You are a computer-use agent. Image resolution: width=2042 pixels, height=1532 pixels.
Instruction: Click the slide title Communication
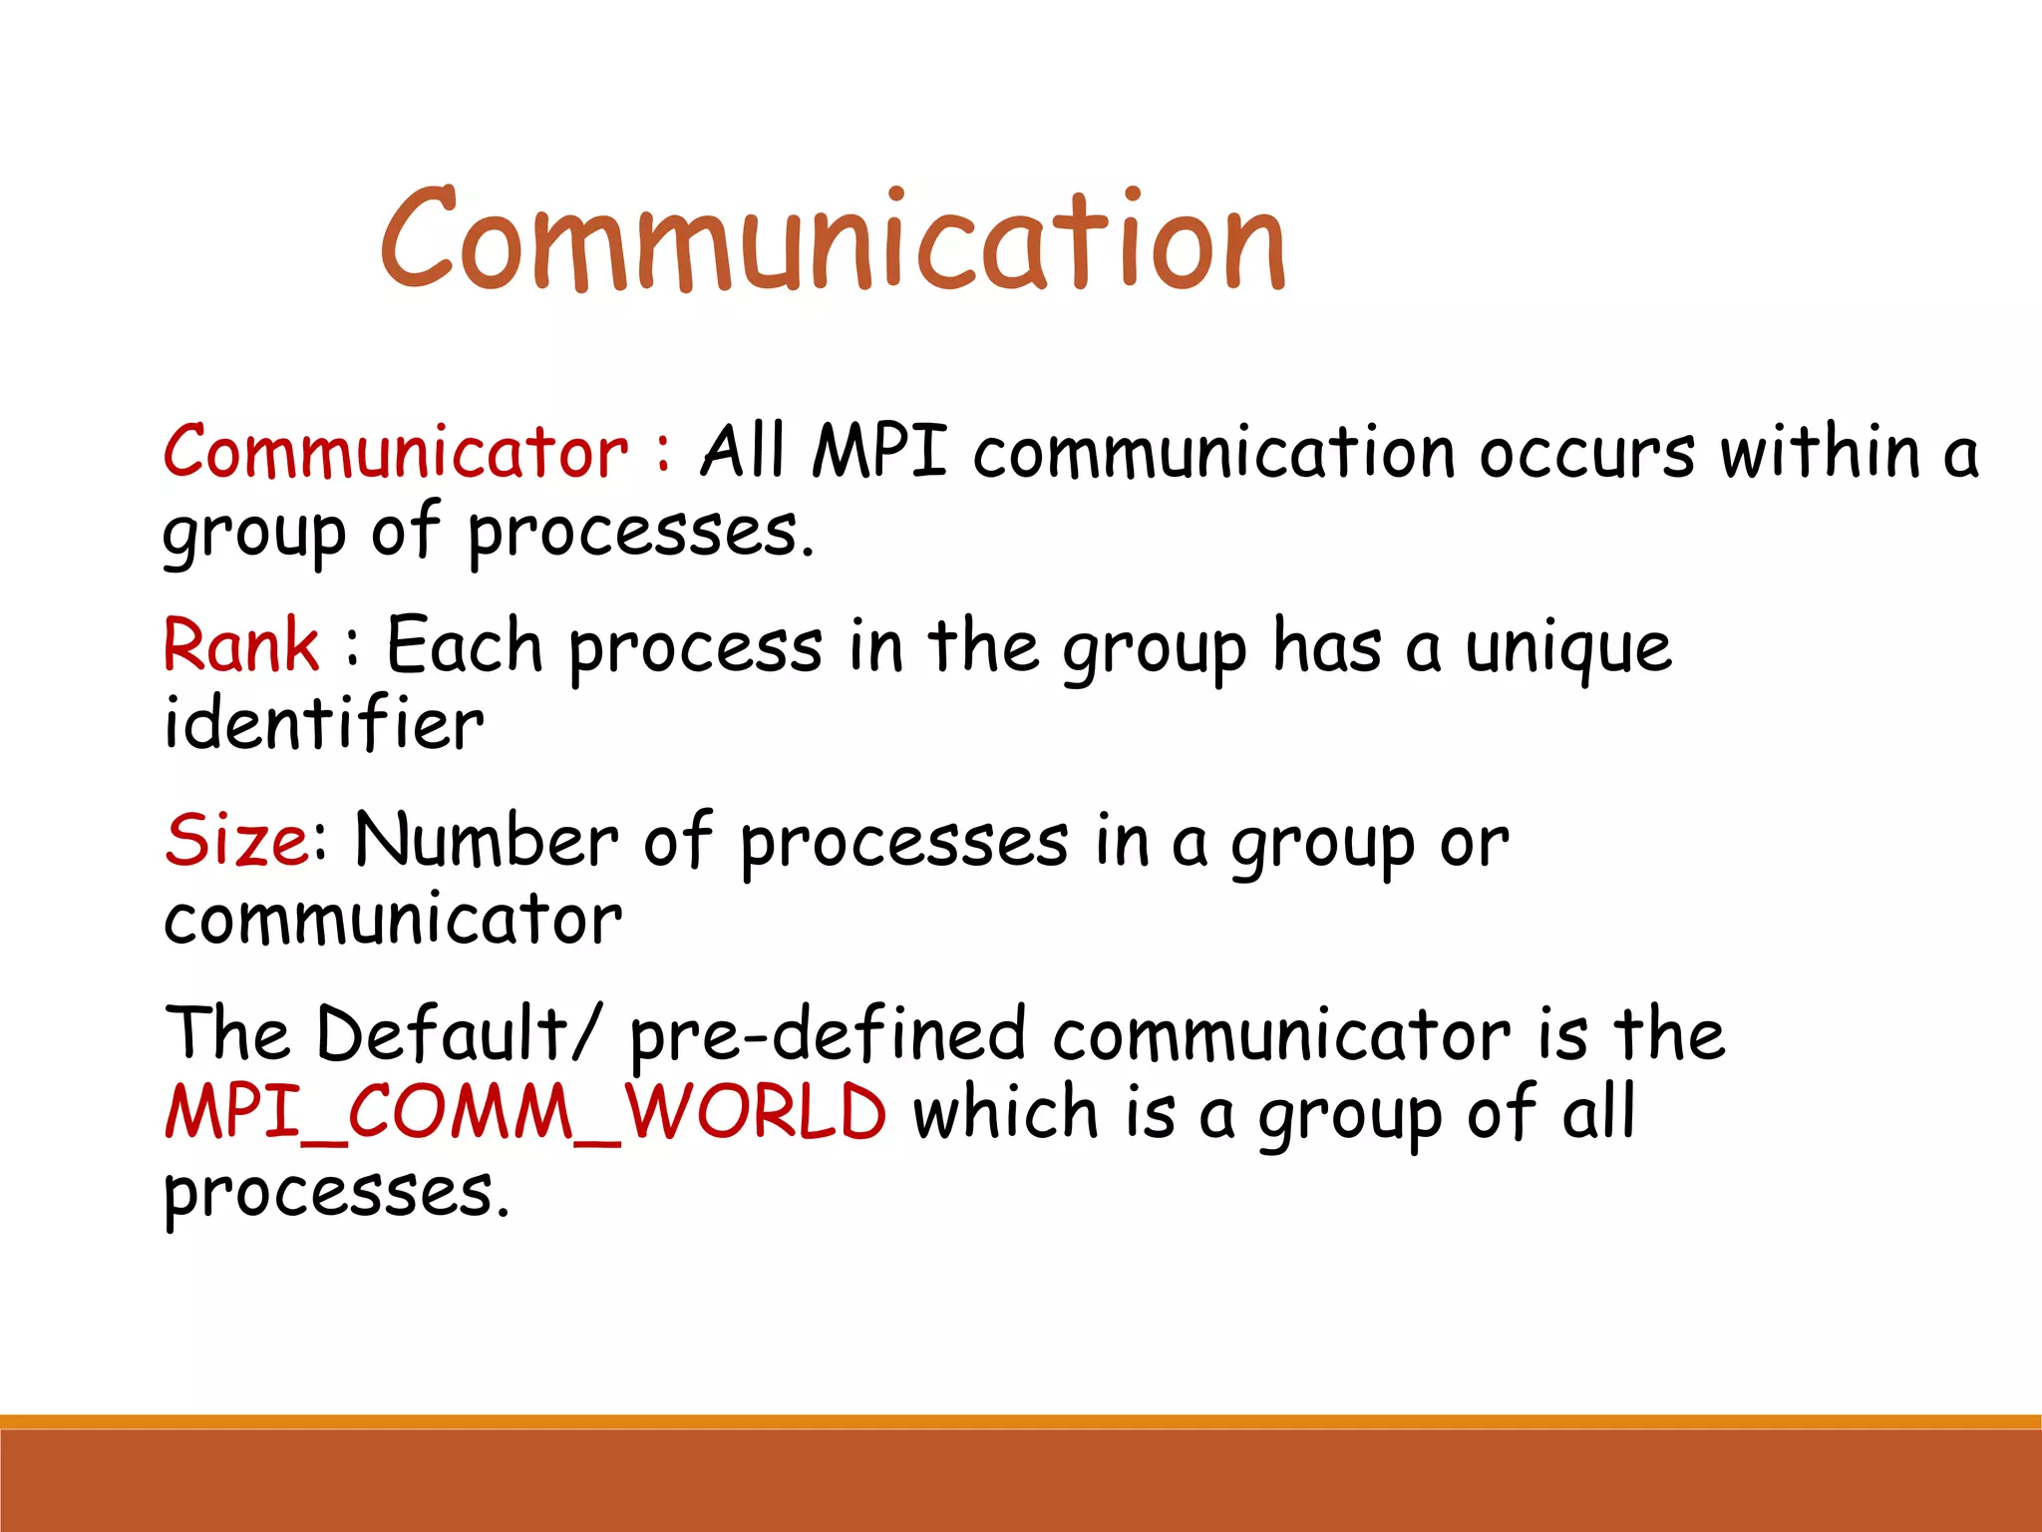(834, 241)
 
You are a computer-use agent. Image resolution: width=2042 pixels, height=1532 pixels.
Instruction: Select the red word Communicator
(396, 453)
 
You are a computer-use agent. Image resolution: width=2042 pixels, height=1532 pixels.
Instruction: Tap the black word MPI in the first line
(878, 453)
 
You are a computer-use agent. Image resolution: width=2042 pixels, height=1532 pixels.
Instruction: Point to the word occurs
(1586, 455)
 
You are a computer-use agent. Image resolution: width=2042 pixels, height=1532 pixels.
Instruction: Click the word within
(1822, 453)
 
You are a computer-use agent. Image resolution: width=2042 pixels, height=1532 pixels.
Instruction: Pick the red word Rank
(241, 646)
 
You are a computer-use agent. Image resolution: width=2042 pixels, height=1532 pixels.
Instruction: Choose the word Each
(465, 646)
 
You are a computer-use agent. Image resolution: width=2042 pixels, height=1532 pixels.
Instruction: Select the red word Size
(237, 840)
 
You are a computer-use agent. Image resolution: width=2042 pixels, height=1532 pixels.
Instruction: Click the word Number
(487, 840)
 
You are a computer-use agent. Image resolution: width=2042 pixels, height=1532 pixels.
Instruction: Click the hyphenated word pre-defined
(828, 1035)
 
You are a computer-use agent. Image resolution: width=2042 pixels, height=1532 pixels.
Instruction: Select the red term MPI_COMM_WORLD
(525, 1112)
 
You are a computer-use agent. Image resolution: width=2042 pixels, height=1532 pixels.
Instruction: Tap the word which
(1005, 1112)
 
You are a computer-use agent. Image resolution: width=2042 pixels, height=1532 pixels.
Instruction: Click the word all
(1598, 1112)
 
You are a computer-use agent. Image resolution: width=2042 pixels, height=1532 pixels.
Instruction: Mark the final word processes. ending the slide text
(336, 1193)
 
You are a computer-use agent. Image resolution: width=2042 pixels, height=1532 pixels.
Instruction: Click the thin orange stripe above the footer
(1021, 1421)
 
